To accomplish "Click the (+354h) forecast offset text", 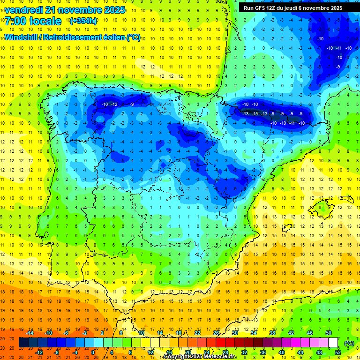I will click(x=83, y=21).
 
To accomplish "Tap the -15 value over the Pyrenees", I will click(x=255, y=114).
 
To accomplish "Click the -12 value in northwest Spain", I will click(x=114, y=104).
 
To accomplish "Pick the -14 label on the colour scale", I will click(x=30, y=332).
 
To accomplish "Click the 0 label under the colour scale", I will click(x=93, y=352).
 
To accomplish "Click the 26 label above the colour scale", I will click(x=216, y=332).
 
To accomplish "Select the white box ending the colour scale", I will click(x=333, y=343).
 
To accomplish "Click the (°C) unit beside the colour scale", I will click(x=348, y=343).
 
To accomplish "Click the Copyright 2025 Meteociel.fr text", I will click(x=200, y=357).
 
